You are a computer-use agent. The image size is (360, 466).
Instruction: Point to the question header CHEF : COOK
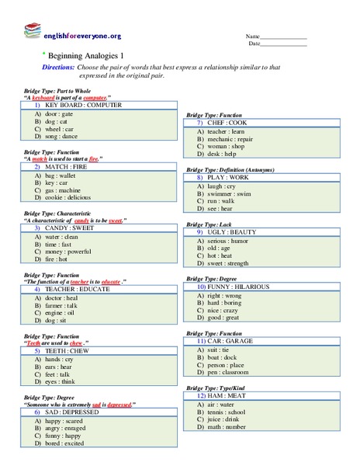coord(228,123)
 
